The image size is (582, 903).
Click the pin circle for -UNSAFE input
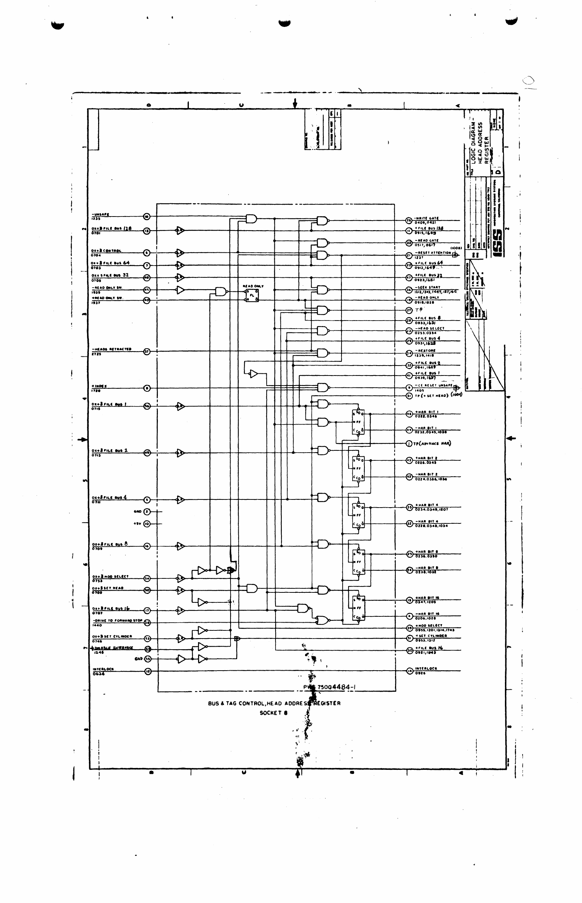pos(147,217)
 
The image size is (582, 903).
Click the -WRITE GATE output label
pos(427,218)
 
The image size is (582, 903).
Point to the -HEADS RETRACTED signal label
pos(112,349)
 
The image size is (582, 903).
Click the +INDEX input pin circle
pos(147,388)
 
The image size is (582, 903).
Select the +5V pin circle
pos(147,524)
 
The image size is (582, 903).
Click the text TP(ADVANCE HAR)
pos(432,443)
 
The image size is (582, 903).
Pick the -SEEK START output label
pos(428,287)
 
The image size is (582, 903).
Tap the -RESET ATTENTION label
pos(433,252)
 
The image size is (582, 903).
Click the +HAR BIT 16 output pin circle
pos(409,600)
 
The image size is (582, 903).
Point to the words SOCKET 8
pos(273,713)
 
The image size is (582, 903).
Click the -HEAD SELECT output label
pos(429,328)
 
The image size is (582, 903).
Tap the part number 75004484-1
pos(336,687)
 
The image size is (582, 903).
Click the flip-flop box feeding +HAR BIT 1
pos(358,422)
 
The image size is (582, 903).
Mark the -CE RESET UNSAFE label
pos(433,385)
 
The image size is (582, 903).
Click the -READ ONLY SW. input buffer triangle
pos(180,290)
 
